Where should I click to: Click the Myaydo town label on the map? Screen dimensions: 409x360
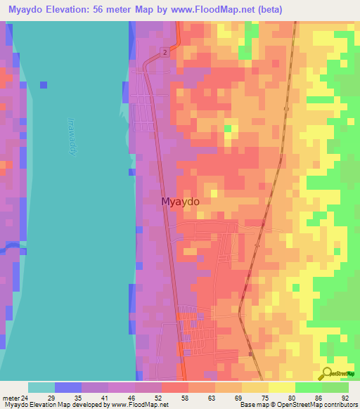[x=181, y=202]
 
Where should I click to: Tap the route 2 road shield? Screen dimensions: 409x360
[x=164, y=53]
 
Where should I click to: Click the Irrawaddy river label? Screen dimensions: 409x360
[x=72, y=137]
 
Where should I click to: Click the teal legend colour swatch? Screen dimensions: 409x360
[x=41, y=387]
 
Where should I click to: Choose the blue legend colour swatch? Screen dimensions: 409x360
[x=68, y=387]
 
